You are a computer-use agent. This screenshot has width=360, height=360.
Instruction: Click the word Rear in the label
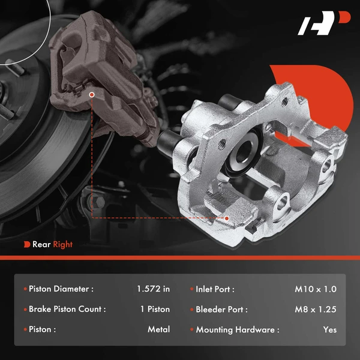point(41,244)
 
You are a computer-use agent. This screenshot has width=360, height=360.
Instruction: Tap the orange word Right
point(63,244)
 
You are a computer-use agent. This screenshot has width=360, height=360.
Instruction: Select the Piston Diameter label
point(61,289)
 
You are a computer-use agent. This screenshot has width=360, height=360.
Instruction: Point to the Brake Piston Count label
point(67,310)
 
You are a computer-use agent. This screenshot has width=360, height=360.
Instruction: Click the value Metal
point(158,329)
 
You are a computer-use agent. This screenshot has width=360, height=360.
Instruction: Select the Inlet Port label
point(215,289)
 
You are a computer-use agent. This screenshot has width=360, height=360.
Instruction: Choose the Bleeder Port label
point(221,310)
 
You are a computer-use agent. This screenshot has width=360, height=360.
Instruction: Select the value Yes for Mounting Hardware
point(329,329)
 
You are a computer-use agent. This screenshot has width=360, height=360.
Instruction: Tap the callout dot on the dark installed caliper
point(91,94)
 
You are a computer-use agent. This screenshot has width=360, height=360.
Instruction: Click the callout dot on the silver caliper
point(227,218)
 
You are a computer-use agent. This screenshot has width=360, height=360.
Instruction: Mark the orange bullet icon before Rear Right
point(28,244)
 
